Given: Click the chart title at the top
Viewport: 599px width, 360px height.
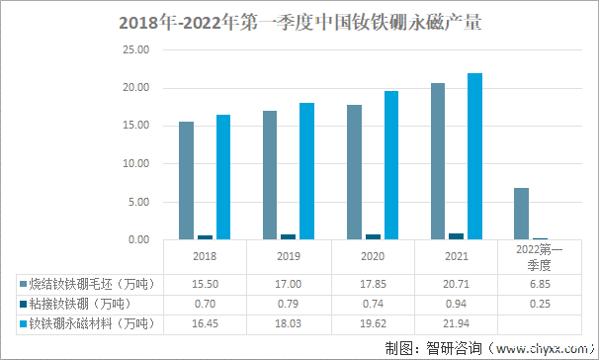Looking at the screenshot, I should (x=299, y=21).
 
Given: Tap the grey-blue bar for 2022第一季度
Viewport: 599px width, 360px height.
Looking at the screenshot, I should (x=521, y=214).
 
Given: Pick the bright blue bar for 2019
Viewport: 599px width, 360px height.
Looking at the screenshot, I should (x=307, y=171).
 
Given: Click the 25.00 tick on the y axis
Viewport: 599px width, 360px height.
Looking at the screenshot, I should (x=134, y=50).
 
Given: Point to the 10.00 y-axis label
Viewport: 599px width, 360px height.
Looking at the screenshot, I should (x=134, y=164).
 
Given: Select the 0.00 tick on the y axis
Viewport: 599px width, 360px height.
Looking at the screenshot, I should (x=136, y=240).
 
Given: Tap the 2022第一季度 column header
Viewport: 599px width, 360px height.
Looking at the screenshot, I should (x=540, y=259).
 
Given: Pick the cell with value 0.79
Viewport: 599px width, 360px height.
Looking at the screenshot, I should (x=289, y=304).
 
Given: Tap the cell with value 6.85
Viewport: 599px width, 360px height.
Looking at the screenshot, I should (x=540, y=283).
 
